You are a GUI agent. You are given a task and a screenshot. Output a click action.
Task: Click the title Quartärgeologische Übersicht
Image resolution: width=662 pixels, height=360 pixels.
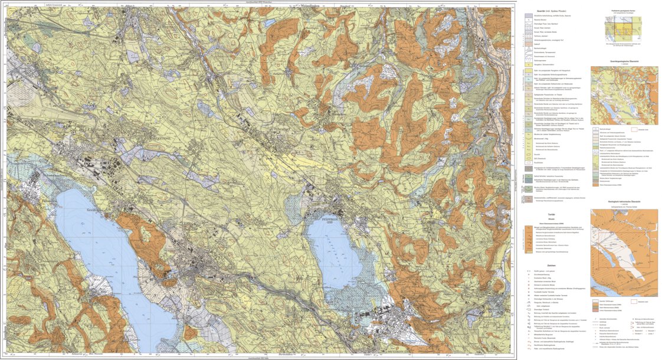pos(624,61)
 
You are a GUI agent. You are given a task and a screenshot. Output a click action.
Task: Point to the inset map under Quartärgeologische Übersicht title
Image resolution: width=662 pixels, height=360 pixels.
pos(624,94)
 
